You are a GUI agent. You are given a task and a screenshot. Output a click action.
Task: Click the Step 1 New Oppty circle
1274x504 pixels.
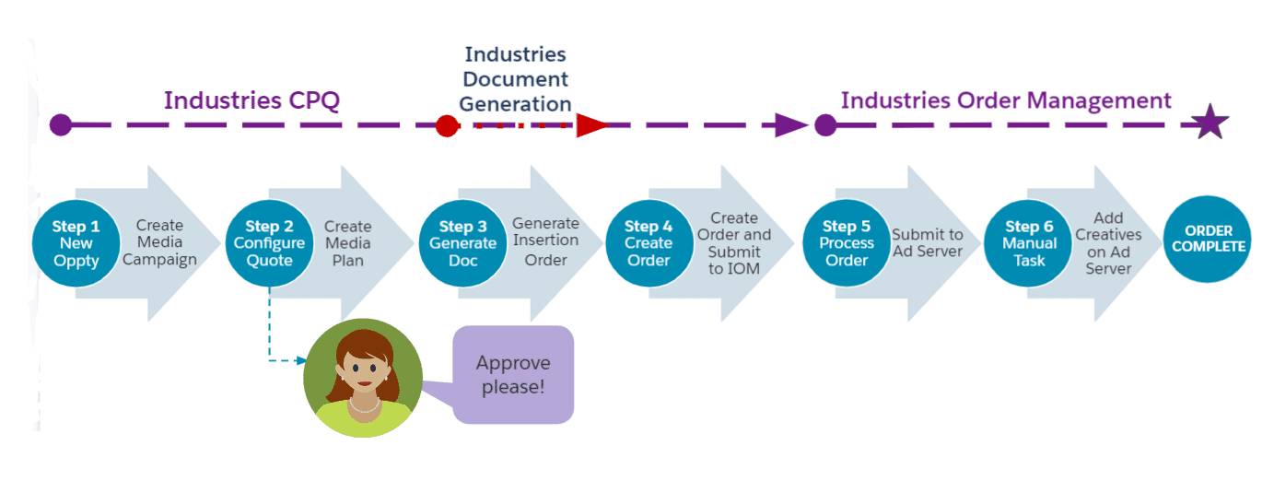[76, 243]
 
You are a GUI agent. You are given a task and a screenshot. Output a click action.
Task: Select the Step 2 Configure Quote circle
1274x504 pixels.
[269, 243]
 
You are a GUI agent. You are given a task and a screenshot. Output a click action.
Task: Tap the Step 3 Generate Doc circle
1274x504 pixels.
[462, 243]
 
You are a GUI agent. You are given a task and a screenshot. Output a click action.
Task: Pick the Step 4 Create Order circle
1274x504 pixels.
[649, 243]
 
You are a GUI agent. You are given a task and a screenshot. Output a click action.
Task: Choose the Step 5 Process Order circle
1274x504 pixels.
[847, 243]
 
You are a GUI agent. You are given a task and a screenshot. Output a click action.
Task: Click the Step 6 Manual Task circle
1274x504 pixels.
[1028, 243]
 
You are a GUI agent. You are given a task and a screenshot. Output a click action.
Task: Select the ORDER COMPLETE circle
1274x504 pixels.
[1208, 239]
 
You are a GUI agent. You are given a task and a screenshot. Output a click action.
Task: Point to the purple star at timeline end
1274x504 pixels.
[1210, 123]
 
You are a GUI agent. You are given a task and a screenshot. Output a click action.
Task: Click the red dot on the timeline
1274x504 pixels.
[447, 125]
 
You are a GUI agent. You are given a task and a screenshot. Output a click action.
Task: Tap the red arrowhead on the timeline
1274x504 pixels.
[591, 125]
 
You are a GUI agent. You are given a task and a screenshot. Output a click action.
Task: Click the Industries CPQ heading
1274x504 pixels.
[252, 100]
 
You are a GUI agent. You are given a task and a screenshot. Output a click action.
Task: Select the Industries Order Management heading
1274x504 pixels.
[1006, 100]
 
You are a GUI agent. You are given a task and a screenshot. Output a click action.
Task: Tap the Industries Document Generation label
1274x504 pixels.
[515, 79]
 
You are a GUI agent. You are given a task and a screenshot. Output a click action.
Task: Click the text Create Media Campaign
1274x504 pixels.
[159, 242]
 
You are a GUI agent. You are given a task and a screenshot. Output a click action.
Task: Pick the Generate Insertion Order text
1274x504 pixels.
[545, 241]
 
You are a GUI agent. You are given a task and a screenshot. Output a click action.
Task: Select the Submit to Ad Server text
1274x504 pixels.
[927, 243]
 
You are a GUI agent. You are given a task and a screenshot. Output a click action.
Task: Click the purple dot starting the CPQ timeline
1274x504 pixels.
[61, 125]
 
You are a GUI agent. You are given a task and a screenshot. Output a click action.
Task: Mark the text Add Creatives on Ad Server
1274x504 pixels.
[1108, 243]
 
